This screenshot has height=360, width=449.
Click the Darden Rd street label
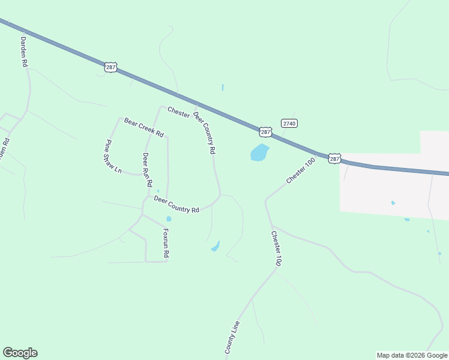tap(25, 51)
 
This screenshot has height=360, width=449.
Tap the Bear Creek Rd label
tap(144, 128)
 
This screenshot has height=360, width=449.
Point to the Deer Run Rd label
tap(146, 169)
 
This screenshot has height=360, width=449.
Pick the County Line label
tap(232, 337)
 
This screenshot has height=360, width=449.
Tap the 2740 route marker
tap(289, 123)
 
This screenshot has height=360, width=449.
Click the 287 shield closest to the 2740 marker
tap(266, 131)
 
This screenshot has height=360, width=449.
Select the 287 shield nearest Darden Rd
tap(110, 67)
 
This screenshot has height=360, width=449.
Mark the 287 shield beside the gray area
tap(334, 158)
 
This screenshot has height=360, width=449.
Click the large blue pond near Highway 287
tap(259, 152)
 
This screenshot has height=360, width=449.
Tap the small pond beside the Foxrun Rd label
tap(169, 219)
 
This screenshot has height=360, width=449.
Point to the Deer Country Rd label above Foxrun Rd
tap(176, 204)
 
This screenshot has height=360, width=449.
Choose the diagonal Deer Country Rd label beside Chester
tap(204, 133)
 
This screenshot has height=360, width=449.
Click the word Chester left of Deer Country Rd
tap(179, 112)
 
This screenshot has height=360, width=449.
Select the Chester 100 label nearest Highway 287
tap(301, 171)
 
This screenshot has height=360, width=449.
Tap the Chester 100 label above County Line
tap(276, 248)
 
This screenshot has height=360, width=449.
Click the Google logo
tap(20, 353)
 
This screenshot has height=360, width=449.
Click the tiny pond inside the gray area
tap(393, 203)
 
